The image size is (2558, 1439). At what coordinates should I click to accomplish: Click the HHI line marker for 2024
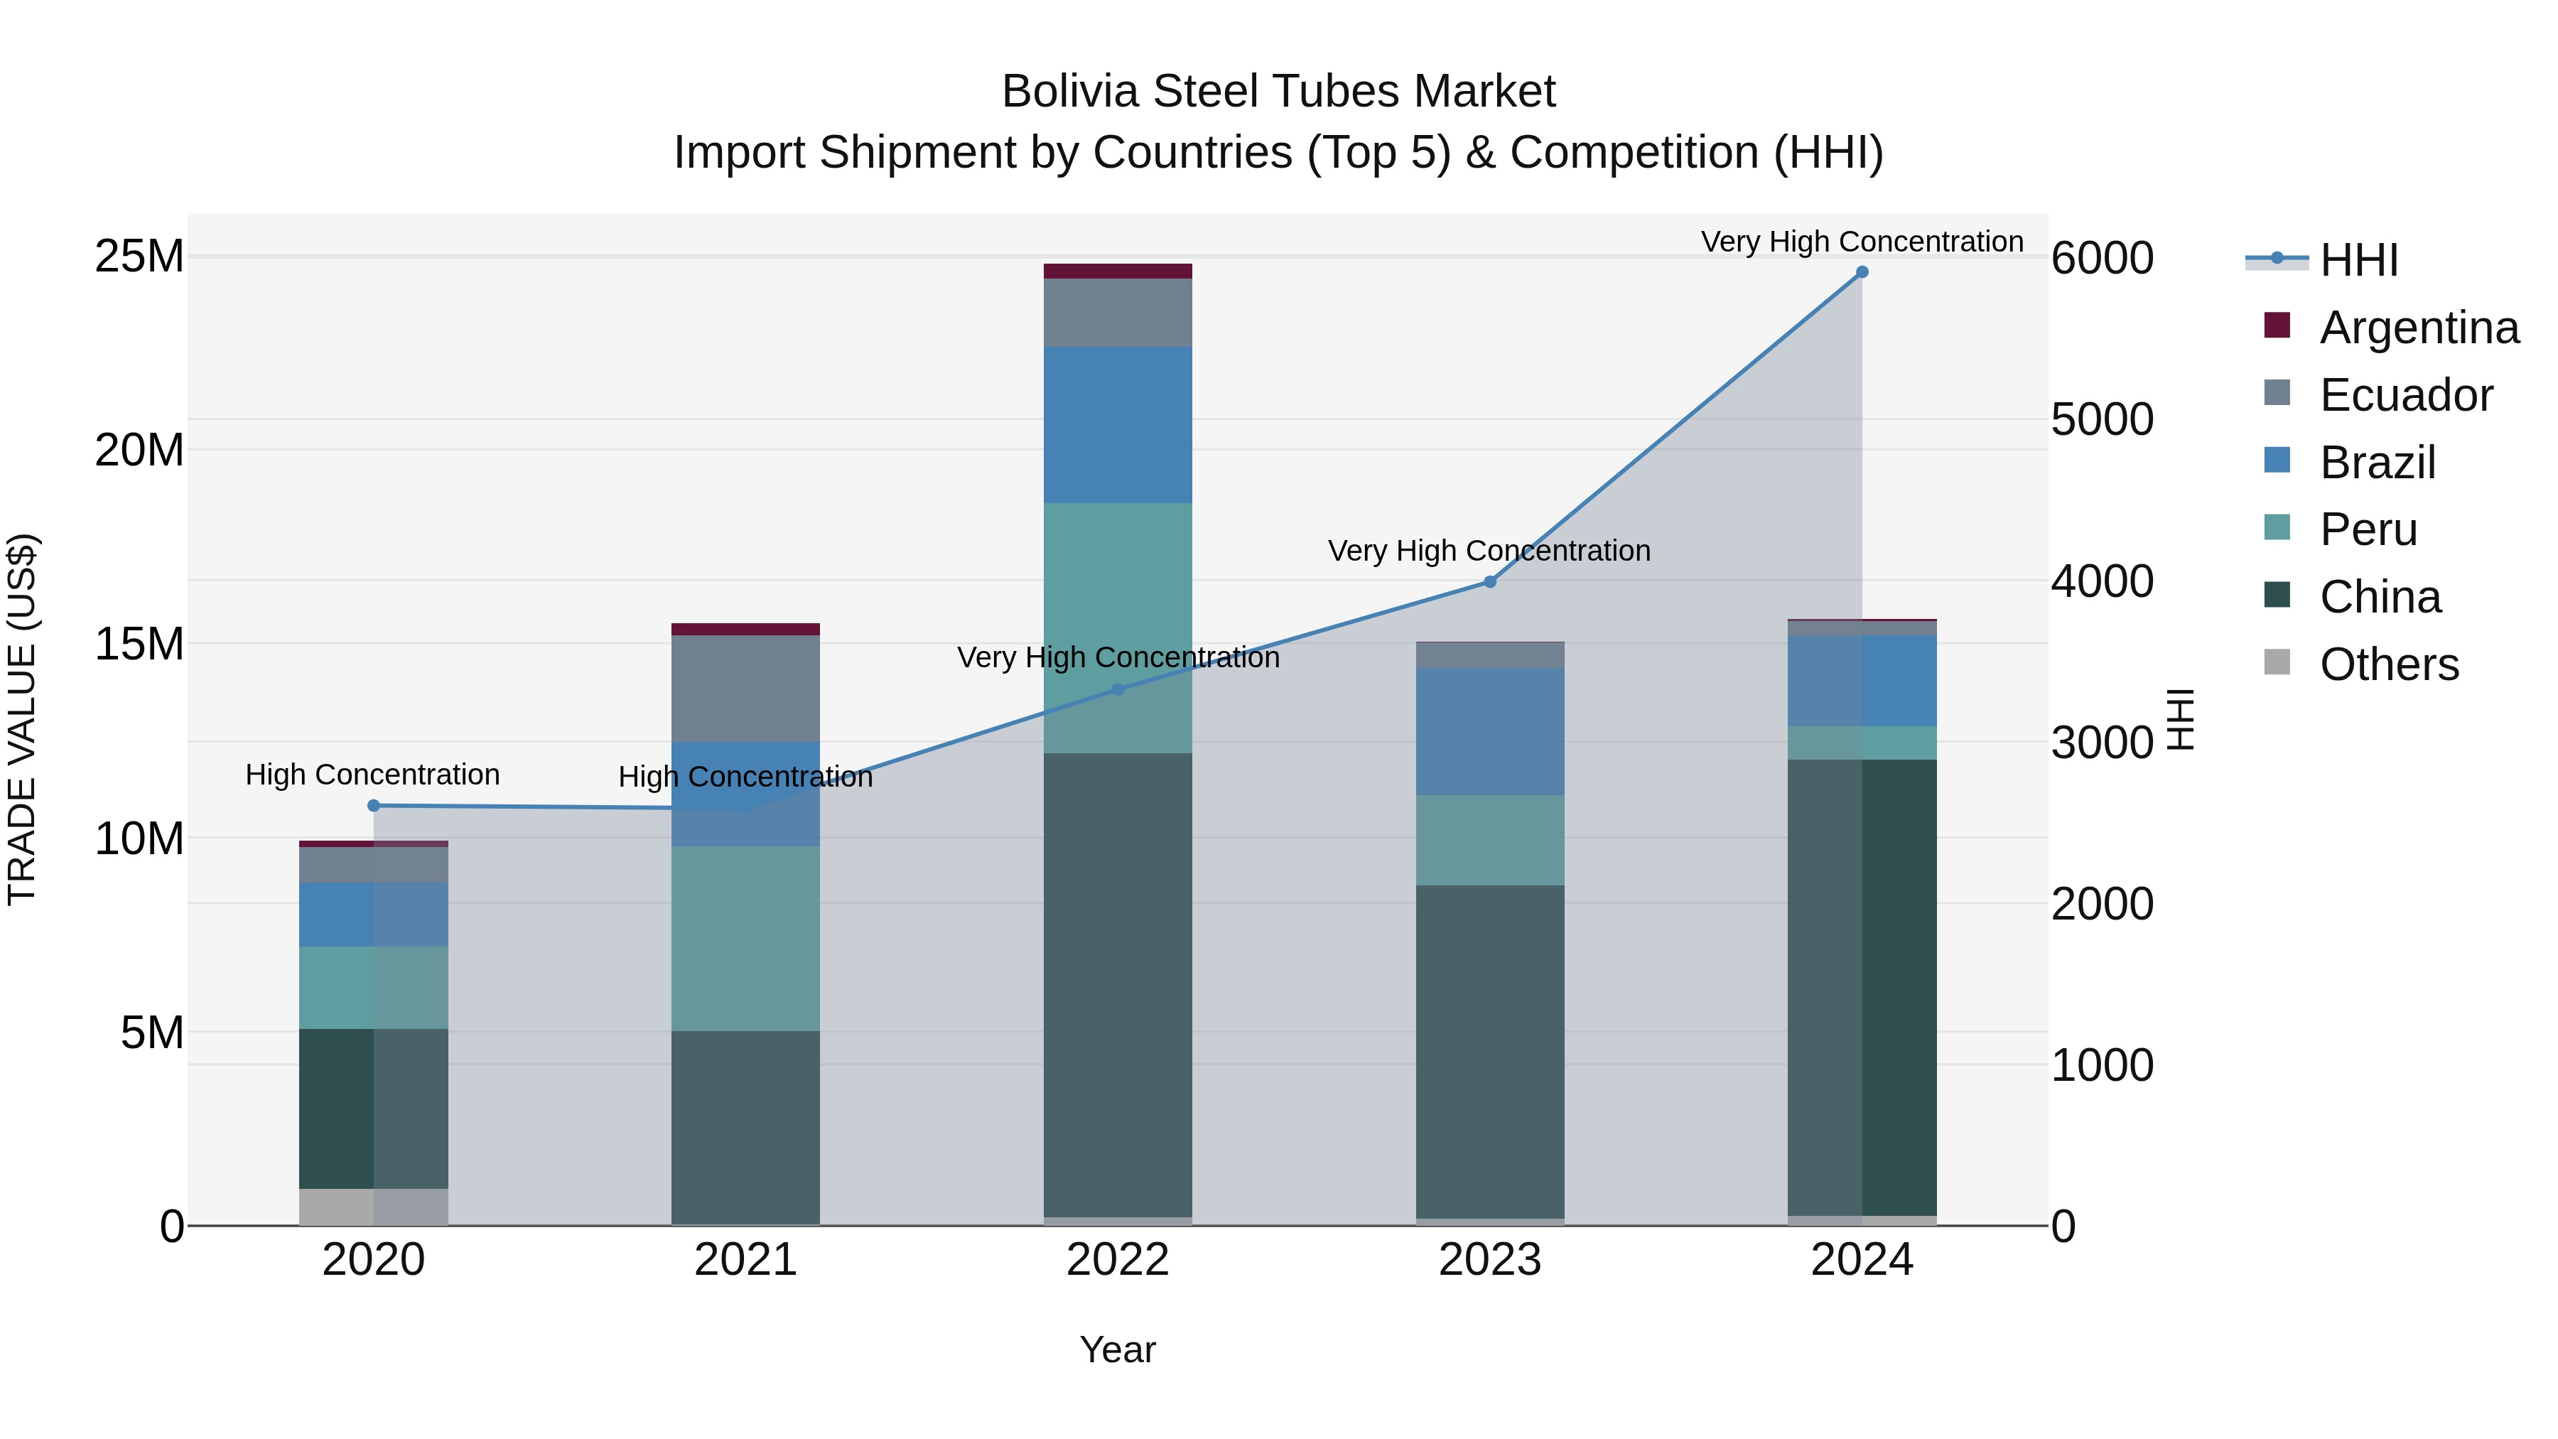pyautogui.click(x=1862, y=272)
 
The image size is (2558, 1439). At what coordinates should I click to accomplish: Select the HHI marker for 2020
pyautogui.click(x=373, y=805)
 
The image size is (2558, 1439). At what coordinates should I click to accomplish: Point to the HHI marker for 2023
pyautogui.click(x=1489, y=582)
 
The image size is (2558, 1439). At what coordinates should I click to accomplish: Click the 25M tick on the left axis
pyautogui.click(x=139, y=257)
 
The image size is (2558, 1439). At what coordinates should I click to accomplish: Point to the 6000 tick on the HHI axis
pyautogui.click(x=2103, y=258)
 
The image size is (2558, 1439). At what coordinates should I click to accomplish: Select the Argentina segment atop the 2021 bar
pyautogui.click(x=746, y=629)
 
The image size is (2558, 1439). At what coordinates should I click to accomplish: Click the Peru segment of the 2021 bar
pyautogui.click(x=746, y=939)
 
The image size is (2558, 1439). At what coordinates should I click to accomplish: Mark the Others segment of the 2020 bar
pyautogui.click(x=373, y=1207)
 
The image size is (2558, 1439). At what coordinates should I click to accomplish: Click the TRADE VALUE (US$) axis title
pyautogui.click(x=22, y=719)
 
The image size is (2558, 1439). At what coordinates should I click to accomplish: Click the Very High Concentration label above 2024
pyautogui.click(x=1862, y=242)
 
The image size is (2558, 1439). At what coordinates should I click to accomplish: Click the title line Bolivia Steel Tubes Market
pyautogui.click(x=1278, y=92)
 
